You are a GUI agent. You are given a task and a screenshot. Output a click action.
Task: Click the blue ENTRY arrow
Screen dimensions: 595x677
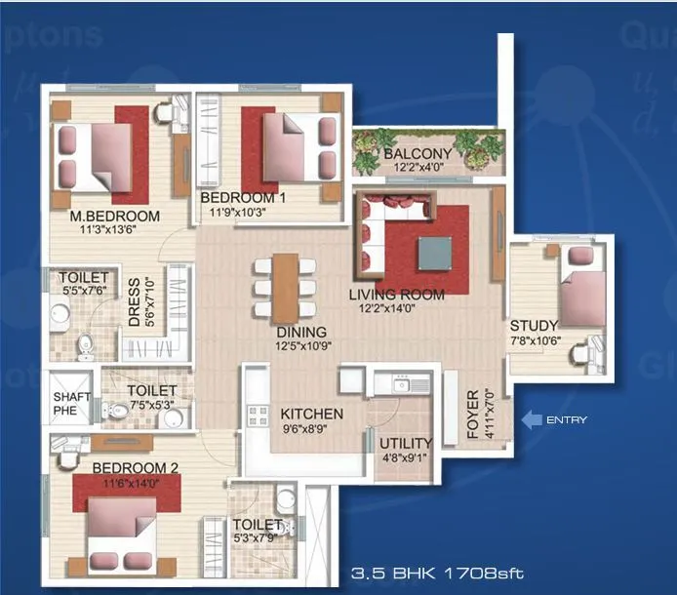(x=532, y=420)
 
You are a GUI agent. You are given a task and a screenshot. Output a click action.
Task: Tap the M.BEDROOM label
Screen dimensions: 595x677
(x=114, y=216)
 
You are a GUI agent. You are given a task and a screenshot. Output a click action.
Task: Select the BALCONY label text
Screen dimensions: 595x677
(x=417, y=154)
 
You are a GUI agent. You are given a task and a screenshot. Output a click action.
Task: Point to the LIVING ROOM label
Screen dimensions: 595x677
(x=397, y=294)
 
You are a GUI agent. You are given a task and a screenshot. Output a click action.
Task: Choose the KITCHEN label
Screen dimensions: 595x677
(x=311, y=414)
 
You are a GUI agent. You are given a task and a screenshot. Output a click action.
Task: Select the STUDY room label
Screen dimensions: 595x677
(x=533, y=325)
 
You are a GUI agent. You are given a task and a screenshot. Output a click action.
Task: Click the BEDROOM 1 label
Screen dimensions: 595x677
(x=241, y=197)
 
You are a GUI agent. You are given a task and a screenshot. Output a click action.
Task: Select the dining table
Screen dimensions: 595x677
(x=285, y=285)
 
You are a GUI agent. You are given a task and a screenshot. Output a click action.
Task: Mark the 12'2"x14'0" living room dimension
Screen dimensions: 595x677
(x=397, y=308)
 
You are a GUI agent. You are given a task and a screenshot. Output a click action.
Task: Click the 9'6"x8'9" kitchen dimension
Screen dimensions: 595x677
(x=311, y=428)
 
